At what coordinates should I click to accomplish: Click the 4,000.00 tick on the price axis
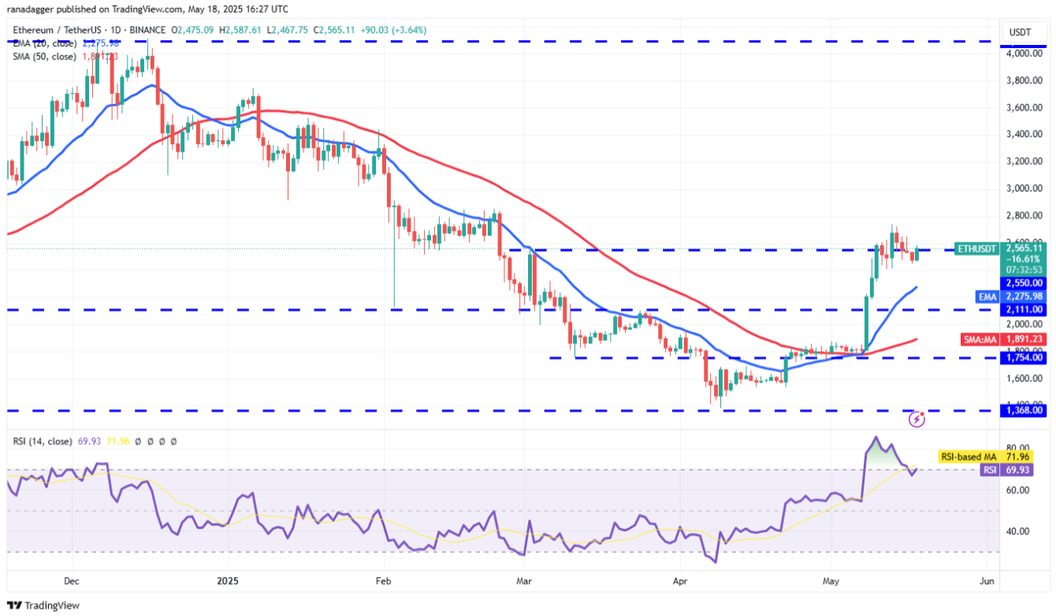(1024, 54)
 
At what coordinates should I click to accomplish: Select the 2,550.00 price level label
(1024, 282)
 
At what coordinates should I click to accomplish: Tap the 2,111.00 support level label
(1024, 310)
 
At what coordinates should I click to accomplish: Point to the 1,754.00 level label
(1024, 358)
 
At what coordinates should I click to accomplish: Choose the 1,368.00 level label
(1024, 410)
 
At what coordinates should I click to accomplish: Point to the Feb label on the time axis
(383, 581)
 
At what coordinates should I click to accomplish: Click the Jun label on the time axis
(985, 581)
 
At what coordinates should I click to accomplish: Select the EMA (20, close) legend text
(44, 43)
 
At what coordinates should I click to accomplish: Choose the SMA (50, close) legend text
(44, 57)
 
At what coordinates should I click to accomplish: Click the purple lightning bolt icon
(917, 420)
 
